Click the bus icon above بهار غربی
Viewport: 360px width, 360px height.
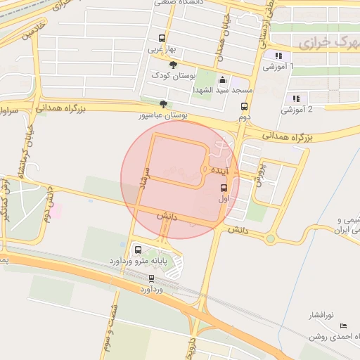coord(162,39)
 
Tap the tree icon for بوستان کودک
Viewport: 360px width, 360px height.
coord(165,65)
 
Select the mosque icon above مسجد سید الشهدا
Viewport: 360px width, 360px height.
coord(224,79)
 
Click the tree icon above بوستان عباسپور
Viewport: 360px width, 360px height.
coord(164,104)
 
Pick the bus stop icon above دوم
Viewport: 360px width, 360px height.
coord(245,107)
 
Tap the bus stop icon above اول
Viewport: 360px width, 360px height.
coord(224,188)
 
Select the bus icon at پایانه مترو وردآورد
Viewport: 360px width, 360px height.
coord(137,250)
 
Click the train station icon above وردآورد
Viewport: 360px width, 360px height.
coord(152,278)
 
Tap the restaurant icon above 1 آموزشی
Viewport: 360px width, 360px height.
coord(279,56)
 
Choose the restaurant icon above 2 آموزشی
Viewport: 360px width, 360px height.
coord(296,98)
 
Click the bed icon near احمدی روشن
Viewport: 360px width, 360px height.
coord(343,326)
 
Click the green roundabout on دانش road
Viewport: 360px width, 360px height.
coord(271,239)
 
